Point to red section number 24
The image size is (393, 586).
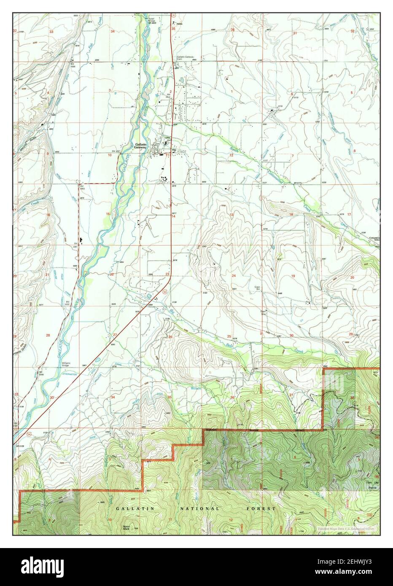coord(233,276)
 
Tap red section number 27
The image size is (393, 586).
coord(115,335)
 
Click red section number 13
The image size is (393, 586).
coord(231,215)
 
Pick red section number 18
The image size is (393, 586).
coord(291,215)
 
